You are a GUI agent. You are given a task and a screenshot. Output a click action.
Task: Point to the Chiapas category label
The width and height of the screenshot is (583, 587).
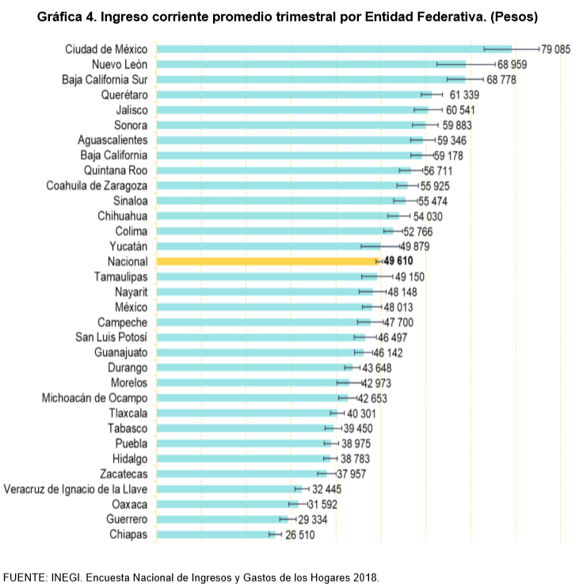[x=128, y=535]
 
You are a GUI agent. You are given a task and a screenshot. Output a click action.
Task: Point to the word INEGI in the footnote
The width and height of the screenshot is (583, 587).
[x=72, y=576]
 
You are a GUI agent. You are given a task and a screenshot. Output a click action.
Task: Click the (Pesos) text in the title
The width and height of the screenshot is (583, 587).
[x=516, y=17]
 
